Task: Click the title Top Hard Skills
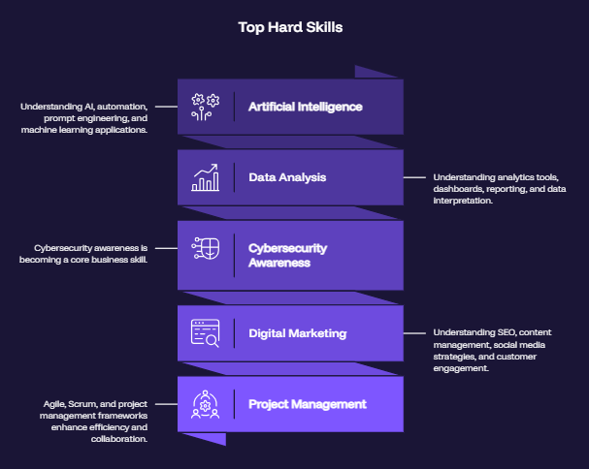(290, 27)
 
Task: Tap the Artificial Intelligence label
(306, 107)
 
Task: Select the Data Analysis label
(287, 177)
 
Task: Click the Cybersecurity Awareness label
(288, 255)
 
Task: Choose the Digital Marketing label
(298, 333)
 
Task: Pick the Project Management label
(308, 404)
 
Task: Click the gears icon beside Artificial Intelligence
(206, 107)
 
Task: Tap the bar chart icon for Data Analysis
(206, 177)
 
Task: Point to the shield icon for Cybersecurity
(206, 248)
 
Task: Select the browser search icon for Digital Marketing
(205, 333)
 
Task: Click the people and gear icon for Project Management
(206, 404)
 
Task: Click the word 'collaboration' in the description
(118, 439)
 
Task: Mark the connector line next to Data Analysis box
(414, 177)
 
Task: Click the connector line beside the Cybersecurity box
(166, 248)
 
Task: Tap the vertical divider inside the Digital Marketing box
(235, 333)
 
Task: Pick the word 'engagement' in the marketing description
(461, 368)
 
